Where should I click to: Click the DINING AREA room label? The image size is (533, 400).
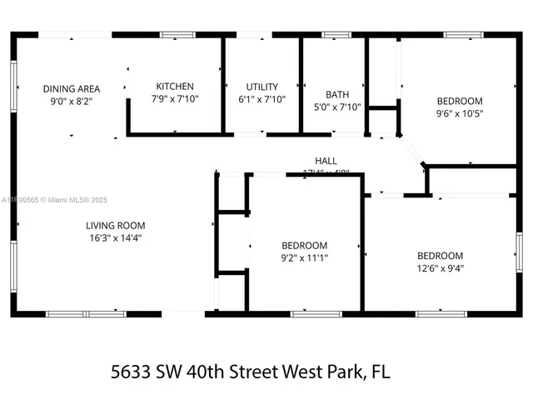point(72,88)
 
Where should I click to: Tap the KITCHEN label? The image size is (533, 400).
point(175,87)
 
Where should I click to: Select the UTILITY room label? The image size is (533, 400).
point(262,87)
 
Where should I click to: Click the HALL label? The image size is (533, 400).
point(326,161)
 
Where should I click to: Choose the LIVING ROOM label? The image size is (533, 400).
point(115,225)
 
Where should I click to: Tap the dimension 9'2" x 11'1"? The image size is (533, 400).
point(304,257)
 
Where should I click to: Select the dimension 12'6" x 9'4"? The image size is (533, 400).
point(440,267)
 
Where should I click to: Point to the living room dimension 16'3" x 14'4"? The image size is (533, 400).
point(115,237)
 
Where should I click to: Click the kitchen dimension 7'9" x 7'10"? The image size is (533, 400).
point(175,98)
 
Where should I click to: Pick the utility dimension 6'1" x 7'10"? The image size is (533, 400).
point(262,98)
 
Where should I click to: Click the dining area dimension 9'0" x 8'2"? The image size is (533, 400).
point(72,100)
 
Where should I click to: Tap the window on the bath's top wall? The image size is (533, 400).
point(336,35)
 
